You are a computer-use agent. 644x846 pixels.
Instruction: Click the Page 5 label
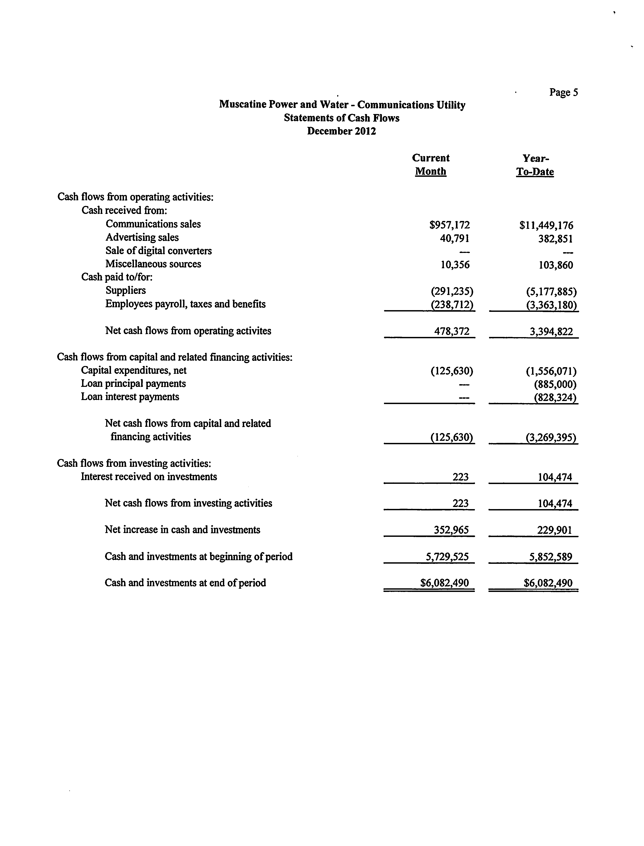(563, 92)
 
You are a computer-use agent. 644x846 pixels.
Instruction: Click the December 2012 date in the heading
(341, 131)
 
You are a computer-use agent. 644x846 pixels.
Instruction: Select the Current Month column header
(430, 165)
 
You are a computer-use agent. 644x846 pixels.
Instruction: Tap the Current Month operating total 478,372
(452, 331)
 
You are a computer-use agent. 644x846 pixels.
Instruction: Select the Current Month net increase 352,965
(451, 530)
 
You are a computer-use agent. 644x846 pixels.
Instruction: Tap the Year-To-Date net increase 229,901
(554, 530)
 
